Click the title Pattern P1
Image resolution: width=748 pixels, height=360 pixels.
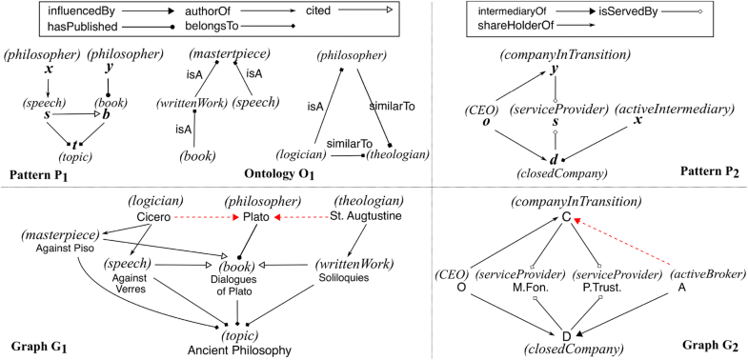click(42, 177)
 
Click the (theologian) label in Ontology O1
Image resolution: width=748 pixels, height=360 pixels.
click(390, 156)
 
